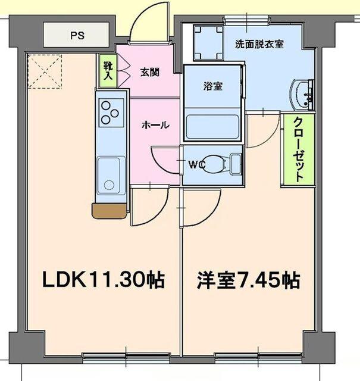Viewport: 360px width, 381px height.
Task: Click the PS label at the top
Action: pyautogui.click(x=77, y=35)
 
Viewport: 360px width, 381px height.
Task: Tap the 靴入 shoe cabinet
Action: pyautogui.click(x=108, y=71)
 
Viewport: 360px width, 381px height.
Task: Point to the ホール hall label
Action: pyautogui.click(x=155, y=125)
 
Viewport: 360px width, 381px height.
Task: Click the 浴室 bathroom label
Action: pyautogui.click(x=213, y=86)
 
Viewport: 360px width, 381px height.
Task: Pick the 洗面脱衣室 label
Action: pyautogui.click(x=259, y=43)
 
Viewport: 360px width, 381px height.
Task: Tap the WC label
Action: pyautogui.click(x=197, y=164)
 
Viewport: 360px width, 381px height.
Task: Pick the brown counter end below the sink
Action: pyautogui.click(x=109, y=210)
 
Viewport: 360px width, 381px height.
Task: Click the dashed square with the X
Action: pyautogui.click(x=45, y=70)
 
